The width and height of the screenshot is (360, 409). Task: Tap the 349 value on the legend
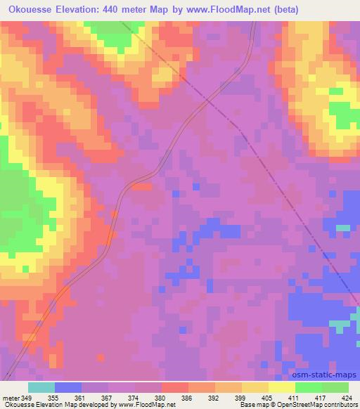[27, 396]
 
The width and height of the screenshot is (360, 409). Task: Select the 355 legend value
[53, 396]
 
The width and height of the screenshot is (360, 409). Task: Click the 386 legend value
[186, 396]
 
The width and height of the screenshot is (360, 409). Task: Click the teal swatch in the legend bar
[41, 387]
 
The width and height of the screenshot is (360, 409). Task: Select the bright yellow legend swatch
[282, 387]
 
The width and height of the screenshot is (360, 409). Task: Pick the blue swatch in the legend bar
[68, 387]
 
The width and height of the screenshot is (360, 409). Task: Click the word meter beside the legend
[10, 396]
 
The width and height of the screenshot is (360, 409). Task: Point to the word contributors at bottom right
[340, 405]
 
